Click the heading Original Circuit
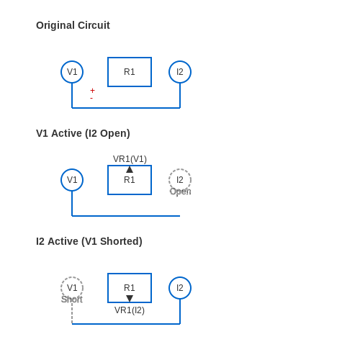coord(73,25)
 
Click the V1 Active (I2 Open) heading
coord(83,133)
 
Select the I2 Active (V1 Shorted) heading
coord(89,241)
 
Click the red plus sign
coord(92,91)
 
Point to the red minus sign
coord(91,98)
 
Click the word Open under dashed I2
coord(181,192)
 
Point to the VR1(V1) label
coord(130,159)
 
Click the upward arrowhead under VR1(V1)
coord(130,169)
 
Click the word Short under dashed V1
coord(72,300)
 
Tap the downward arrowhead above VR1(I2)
coord(130,299)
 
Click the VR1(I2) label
coord(130,310)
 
